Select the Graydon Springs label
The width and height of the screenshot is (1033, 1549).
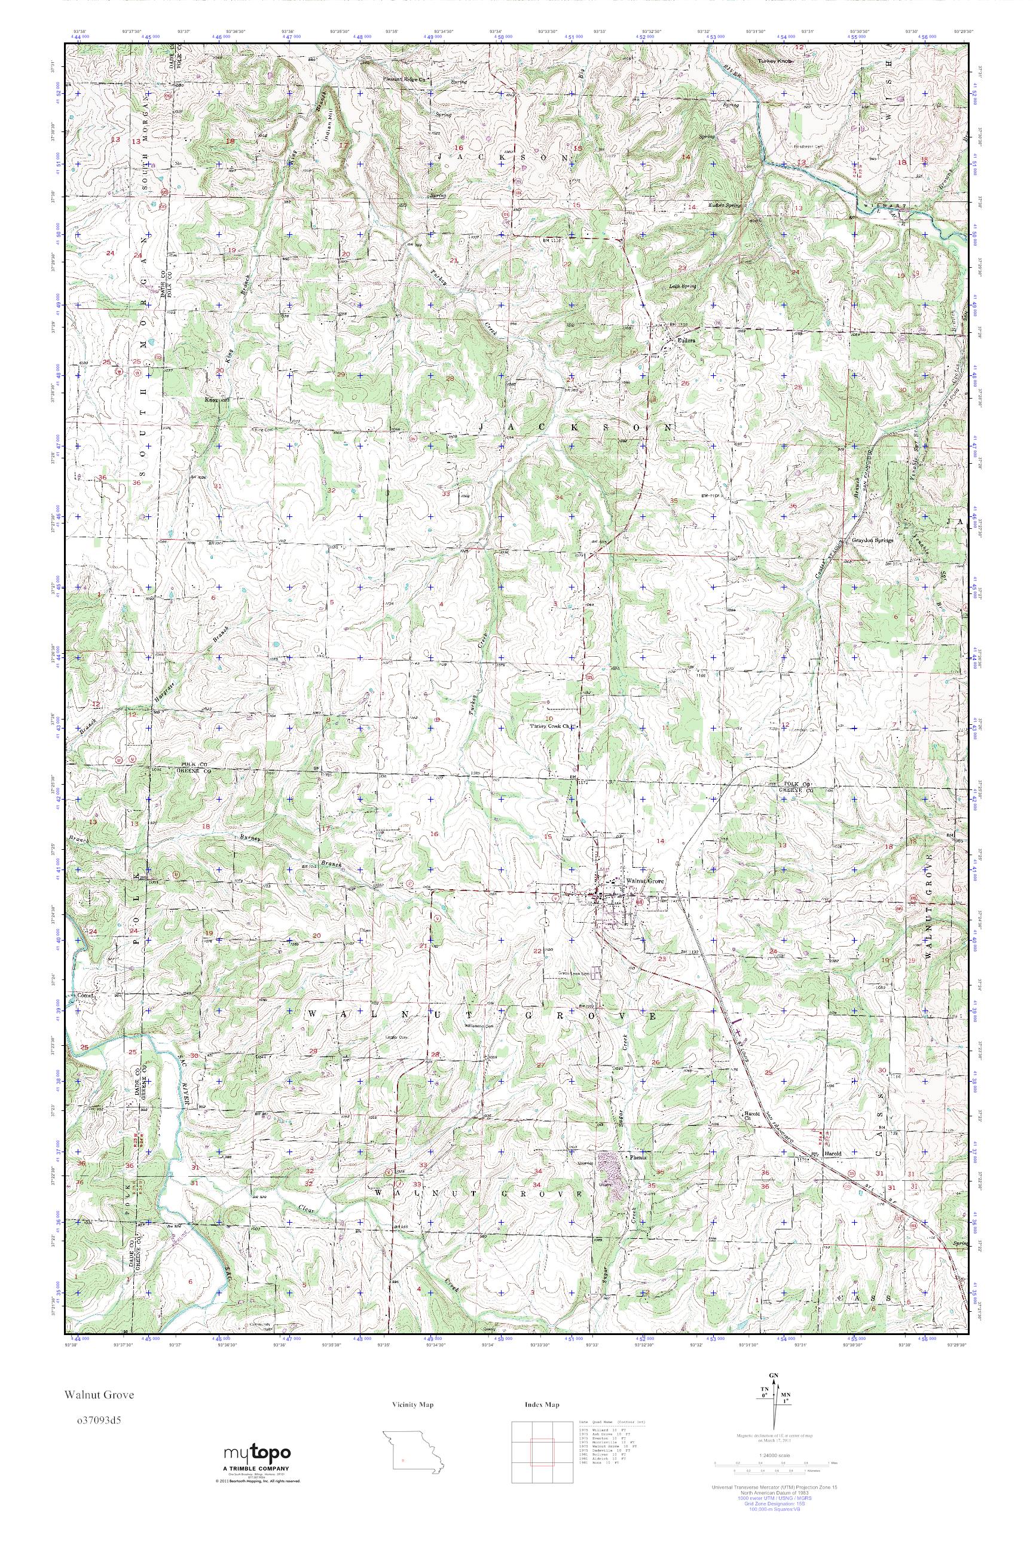coord(873,540)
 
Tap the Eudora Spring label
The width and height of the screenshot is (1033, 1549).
coord(724,205)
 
